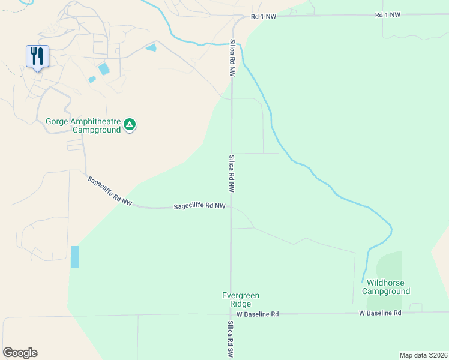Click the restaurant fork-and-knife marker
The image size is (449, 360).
tap(37, 57)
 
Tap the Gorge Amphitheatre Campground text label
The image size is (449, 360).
tap(83, 125)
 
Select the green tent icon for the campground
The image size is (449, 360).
tap(130, 125)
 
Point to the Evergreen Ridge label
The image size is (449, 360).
tap(240, 299)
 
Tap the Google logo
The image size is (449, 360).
tap(20, 353)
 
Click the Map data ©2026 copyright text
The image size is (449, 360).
tap(423, 355)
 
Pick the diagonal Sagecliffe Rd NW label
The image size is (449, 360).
tap(109, 191)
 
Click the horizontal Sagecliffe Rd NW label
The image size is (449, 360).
tap(199, 206)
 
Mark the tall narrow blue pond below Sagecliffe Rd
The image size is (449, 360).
tap(74, 257)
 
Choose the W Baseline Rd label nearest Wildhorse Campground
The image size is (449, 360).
tap(379, 313)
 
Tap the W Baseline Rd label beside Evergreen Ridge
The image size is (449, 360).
tap(258, 314)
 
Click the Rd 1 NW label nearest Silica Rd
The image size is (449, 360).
tap(264, 17)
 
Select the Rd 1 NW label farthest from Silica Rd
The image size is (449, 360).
tap(387, 15)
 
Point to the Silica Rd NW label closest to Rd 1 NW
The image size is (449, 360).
tap(231, 58)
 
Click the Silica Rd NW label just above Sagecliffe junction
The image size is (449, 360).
tap(231, 174)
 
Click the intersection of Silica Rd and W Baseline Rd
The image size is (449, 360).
tap(231, 314)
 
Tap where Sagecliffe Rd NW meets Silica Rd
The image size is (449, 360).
tap(231, 207)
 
